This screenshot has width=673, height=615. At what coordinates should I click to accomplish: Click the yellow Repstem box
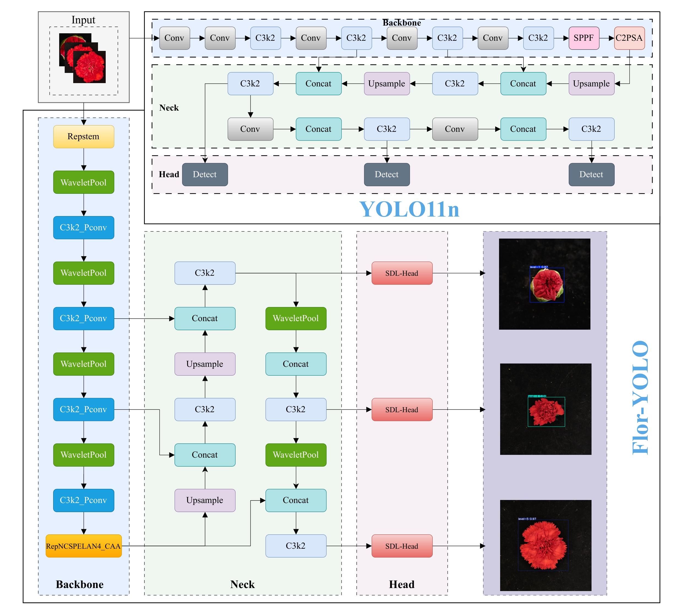pyautogui.click(x=83, y=136)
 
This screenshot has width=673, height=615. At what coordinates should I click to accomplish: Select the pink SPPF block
pyautogui.click(x=584, y=38)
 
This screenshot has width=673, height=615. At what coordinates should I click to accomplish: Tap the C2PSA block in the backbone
pyautogui.click(x=629, y=38)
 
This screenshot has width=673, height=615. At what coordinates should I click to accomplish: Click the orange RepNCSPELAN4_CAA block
pyautogui.click(x=83, y=546)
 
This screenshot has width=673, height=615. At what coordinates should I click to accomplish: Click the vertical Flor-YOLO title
pyautogui.click(x=640, y=397)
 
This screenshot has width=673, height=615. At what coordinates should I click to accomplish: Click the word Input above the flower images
pyautogui.click(x=83, y=20)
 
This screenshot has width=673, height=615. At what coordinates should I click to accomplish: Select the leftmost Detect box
pyautogui.click(x=205, y=174)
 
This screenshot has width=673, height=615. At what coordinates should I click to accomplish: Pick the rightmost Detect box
pyautogui.click(x=591, y=174)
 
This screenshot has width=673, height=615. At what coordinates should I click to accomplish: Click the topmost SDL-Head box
pyautogui.click(x=402, y=273)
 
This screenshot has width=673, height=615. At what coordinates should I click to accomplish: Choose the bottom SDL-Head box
pyautogui.click(x=402, y=546)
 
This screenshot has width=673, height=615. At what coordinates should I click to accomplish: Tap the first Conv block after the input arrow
pyautogui.click(x=175, y=38)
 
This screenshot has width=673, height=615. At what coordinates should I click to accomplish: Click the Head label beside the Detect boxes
pyautogui.click(x=169, y=174)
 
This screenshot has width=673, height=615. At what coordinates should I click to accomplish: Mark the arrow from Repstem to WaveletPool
pyautogui.click(x=83, y=160)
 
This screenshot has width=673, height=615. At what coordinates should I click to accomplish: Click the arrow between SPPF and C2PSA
pyautogui.click(x=607, y=38)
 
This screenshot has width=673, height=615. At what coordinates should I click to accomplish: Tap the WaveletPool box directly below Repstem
pyautogui.click(x=83, y=182)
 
